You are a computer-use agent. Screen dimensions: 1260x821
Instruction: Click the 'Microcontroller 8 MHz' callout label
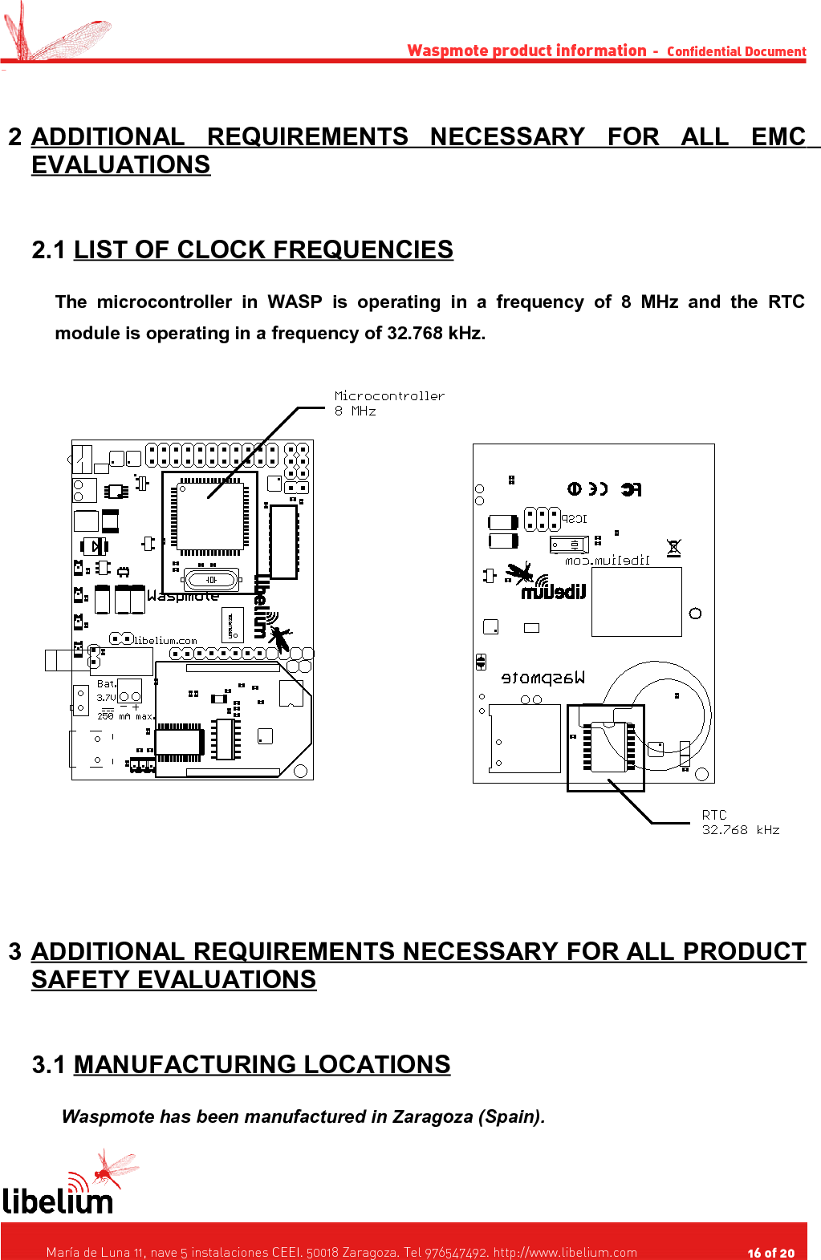click(388, 403)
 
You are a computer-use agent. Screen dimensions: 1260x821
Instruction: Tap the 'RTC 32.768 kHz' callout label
click(739, 822)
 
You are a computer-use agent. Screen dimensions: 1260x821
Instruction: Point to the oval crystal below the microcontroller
click(211, 579)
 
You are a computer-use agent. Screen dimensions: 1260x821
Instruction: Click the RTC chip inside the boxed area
click(609, 747)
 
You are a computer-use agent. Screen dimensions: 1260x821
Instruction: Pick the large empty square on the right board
click(636, 602)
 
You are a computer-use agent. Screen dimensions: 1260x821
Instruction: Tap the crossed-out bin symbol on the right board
click(673, 548)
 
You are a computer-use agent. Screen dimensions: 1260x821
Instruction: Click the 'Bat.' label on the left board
click(107, 684)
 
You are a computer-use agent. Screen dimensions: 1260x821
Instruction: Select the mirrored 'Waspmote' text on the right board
click(543, 678)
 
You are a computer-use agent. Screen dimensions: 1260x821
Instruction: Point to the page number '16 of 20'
click(770, 1252)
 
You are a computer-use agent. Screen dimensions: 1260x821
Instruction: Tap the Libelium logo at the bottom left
click(60, 1187)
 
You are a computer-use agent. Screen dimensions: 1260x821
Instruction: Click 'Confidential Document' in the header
click(736, 51)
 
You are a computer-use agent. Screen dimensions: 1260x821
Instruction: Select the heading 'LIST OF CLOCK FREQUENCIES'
click(263, 249)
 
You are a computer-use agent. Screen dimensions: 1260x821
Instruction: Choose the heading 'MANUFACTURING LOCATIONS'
click(262, 1064)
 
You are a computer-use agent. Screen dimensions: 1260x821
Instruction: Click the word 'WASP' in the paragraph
click(295, 302)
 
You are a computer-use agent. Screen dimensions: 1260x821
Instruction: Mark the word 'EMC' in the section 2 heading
click(778, 136)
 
